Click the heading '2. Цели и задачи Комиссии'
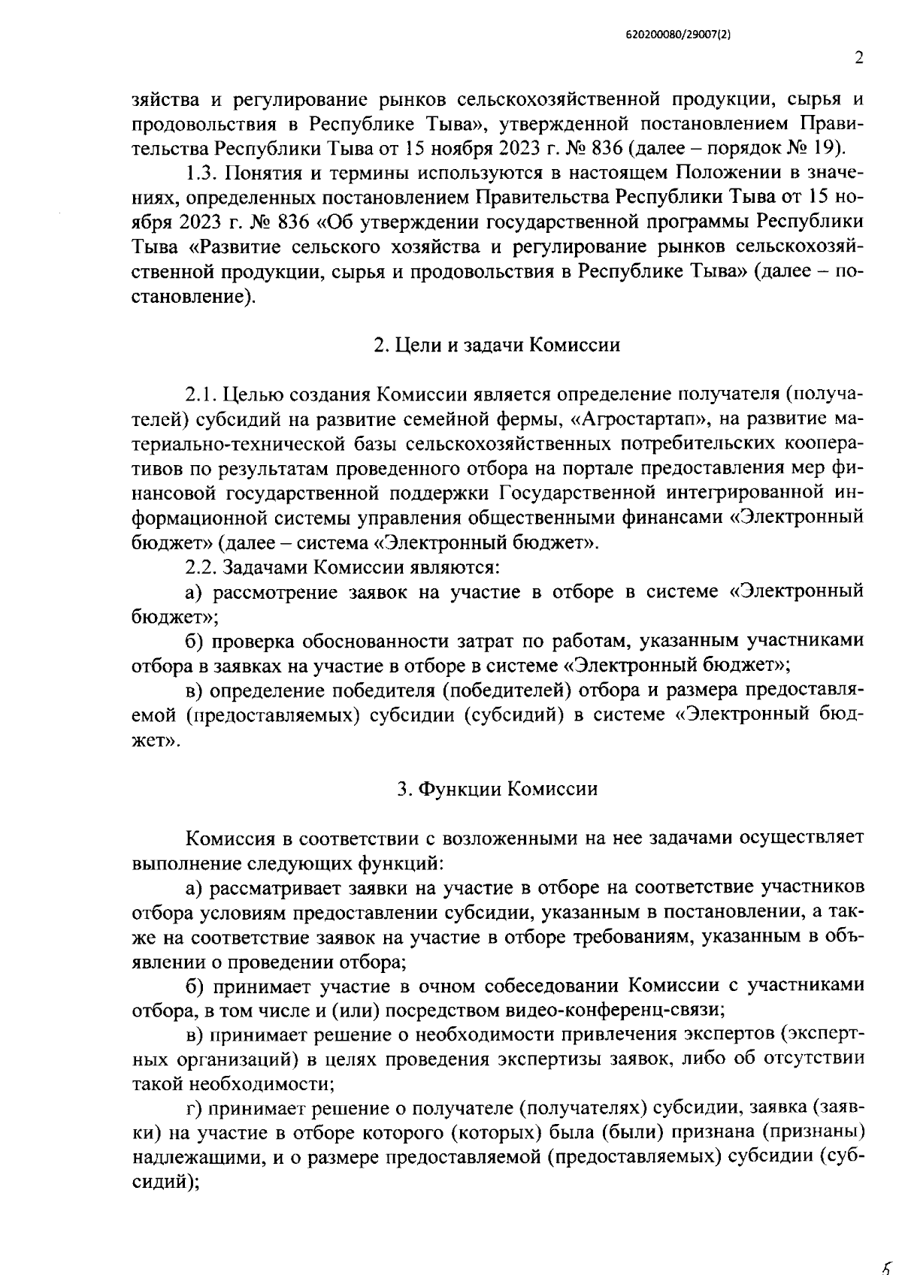click(x=497, y=345)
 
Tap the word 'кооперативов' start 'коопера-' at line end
click(x=826, y=443)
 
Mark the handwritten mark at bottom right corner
click(x=888, y=1262)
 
